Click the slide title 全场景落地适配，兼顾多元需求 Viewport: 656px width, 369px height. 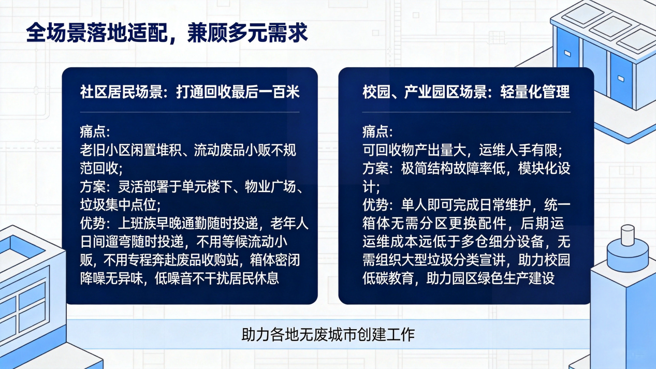tap(167, 33)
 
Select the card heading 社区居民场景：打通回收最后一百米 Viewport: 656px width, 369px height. tap(190, 92)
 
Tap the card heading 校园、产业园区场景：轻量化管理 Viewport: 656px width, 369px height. tap(466, 92)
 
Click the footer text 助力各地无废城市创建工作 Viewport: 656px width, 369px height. tap(328, 334)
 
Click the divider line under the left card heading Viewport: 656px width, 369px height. tap(190, 112)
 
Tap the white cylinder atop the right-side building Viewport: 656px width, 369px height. tap(628, 235)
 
